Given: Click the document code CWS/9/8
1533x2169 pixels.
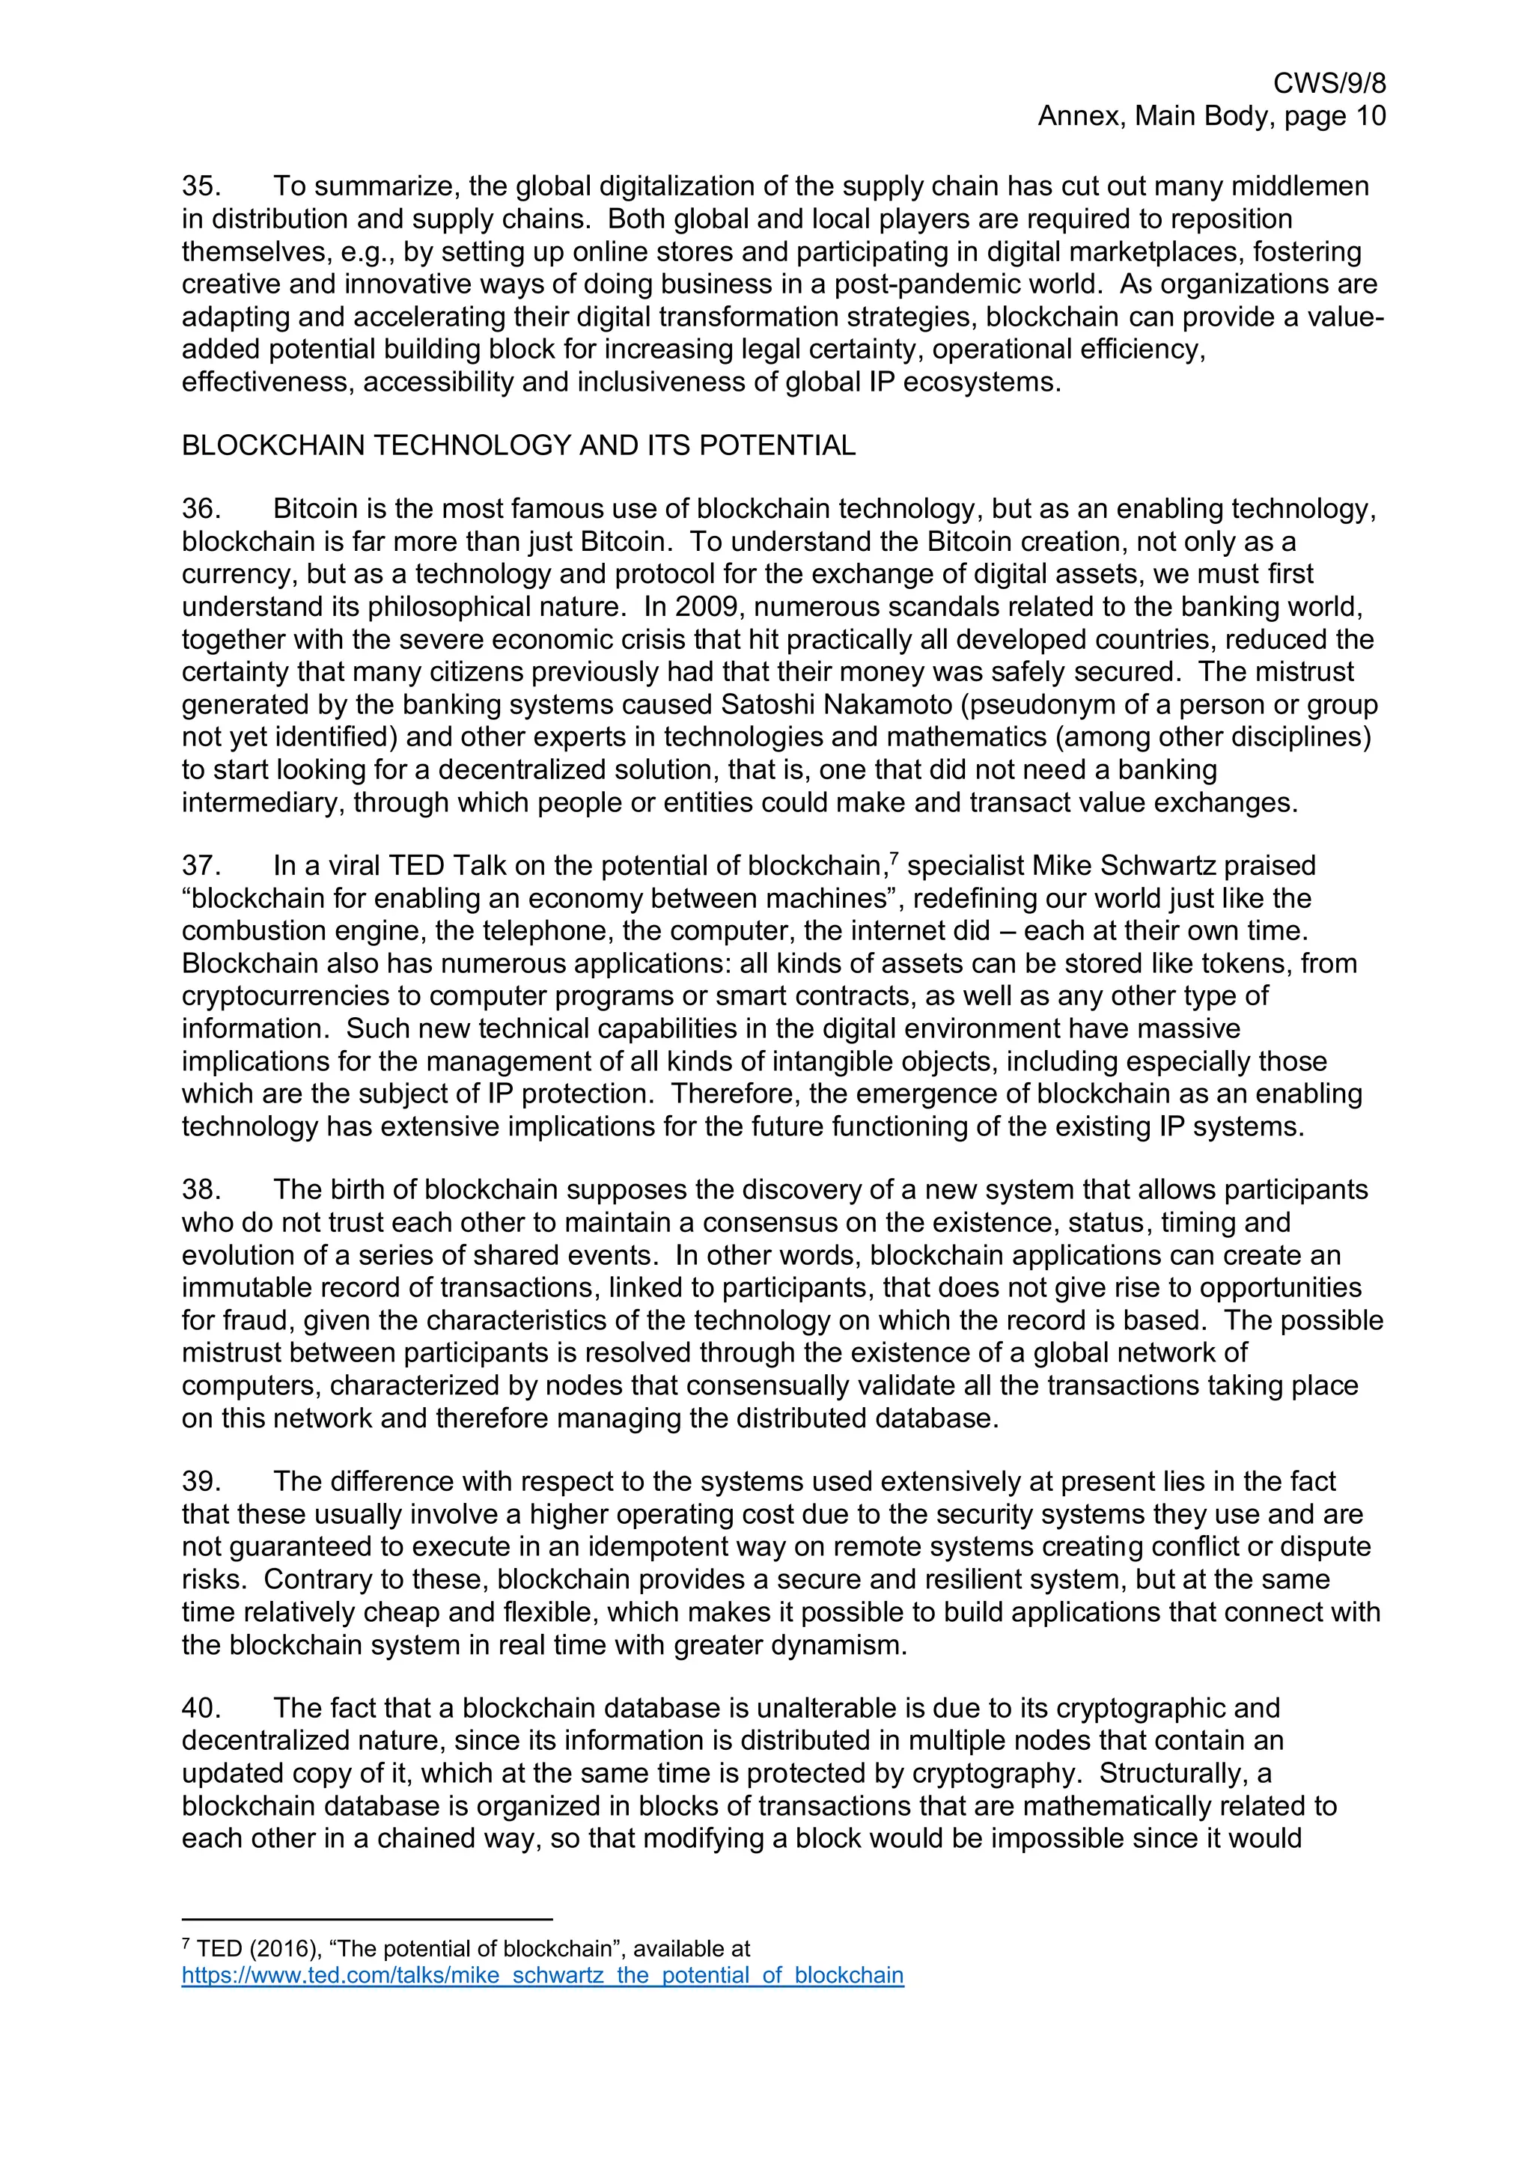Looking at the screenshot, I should [x=1329, y=84].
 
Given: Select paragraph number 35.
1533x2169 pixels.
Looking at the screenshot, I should [x=201, y=186].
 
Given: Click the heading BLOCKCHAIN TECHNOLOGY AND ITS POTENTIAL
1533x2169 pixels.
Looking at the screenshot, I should [x=519, y=446].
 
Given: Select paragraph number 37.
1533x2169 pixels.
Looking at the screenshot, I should [x=201, y=866].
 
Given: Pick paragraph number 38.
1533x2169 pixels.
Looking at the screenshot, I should [x=201, y=1190].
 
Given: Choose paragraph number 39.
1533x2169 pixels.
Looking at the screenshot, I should [x=201, y=1482].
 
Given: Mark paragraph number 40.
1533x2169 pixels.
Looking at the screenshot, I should [x=201, y=1709].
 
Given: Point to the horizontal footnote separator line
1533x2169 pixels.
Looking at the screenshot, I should [x=367, y=1920].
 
